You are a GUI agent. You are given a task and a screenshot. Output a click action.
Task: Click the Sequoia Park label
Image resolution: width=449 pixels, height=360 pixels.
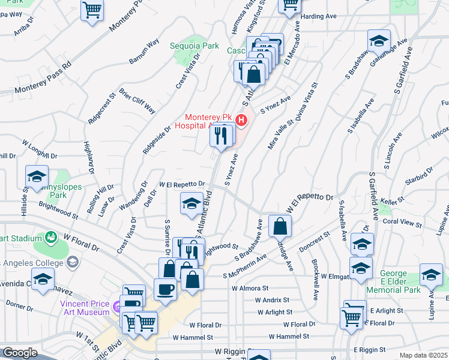201,46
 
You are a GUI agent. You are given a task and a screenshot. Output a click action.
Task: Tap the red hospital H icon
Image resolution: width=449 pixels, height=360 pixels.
241,121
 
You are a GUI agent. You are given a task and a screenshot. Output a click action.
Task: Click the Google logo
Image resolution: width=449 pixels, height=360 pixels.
20,353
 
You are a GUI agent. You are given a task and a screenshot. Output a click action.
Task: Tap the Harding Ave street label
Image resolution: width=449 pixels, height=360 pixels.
321,17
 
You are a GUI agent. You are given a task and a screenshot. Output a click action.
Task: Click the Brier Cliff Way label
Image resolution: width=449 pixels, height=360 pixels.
137,101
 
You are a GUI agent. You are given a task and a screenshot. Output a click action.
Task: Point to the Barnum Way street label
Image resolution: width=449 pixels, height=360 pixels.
144,52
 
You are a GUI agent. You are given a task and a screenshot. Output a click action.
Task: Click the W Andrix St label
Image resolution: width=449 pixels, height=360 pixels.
272,299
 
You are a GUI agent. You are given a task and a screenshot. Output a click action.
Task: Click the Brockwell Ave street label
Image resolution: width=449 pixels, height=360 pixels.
315,280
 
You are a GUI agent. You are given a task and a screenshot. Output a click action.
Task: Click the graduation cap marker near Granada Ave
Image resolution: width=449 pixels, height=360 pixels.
379,42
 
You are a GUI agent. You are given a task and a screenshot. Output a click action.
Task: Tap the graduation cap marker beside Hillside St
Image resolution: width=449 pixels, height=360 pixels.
37,177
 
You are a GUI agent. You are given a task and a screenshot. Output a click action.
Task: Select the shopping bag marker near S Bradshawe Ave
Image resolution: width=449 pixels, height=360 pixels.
280,226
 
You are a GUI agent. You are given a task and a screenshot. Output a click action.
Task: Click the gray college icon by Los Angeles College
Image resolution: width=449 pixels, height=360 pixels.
72,262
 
